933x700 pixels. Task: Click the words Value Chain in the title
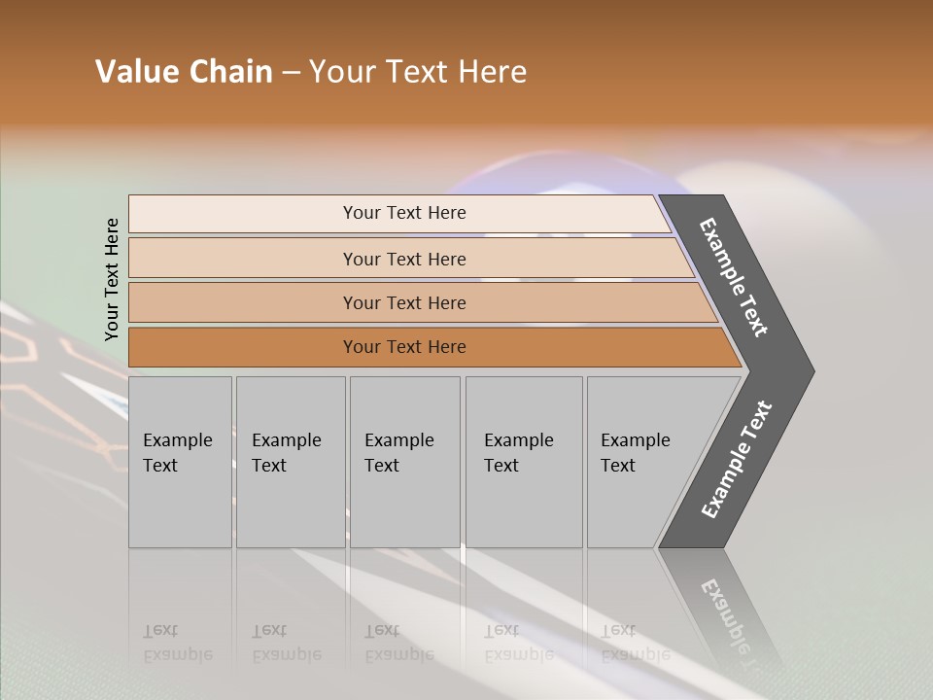(x=184, y=72)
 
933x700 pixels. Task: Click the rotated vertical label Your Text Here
(x=113, y=279)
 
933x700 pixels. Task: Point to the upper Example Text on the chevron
(x=734, y=277)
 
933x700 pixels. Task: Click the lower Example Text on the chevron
(x=736, y=459)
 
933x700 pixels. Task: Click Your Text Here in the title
(x=418, y=72)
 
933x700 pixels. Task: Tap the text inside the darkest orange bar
(x=404, y=347)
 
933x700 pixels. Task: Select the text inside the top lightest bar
(x=404, y=213)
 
